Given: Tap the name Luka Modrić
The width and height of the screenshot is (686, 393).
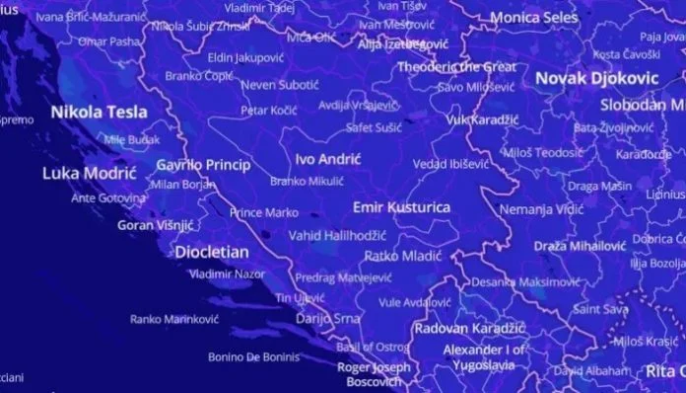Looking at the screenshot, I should [x=89, y=173].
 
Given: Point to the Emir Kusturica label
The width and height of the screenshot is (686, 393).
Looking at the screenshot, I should [x=401, y=207].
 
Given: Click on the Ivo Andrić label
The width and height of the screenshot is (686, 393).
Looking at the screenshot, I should [x=327, y=158].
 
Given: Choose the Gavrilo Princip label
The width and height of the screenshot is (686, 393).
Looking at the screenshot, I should [x=204, y=164].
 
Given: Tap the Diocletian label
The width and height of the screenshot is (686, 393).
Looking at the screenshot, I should [x=212, y=251].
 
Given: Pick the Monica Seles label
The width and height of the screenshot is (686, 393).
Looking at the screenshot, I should [x=534, y=18].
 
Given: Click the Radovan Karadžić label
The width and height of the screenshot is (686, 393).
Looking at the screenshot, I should [x=468, y=327].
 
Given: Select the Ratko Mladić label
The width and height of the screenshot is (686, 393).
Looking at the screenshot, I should [x=394, y=255].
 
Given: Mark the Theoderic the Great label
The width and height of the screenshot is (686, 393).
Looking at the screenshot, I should [x=456, y=66].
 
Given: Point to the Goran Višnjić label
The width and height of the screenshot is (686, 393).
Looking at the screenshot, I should [x=155, y=225].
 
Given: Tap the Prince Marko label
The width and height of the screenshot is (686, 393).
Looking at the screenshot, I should [x=263, y=212].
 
